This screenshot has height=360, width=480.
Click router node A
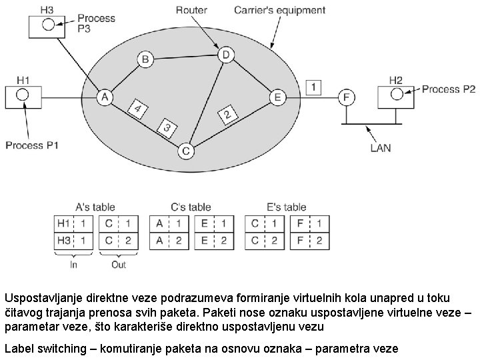(x=104, y=97)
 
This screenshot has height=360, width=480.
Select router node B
(x=145, y=59)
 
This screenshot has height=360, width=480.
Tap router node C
(x=186, y=151)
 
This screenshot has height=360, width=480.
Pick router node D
(x=226, y=54)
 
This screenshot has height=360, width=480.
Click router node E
(x=277, y=97)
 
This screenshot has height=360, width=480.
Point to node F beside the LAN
(x=345, y=97)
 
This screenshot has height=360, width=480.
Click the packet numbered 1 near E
(x=313, y=87)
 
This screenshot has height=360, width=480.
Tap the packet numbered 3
(x=167, y=127)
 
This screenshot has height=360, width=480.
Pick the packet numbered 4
(x=138, y=109)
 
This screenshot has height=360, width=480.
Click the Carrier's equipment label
(x=280, y=10)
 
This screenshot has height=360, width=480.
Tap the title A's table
(x=95, y=207)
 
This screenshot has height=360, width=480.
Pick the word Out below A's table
(x=118, y=264)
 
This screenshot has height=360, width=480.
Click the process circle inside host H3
(x=48, y=25)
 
